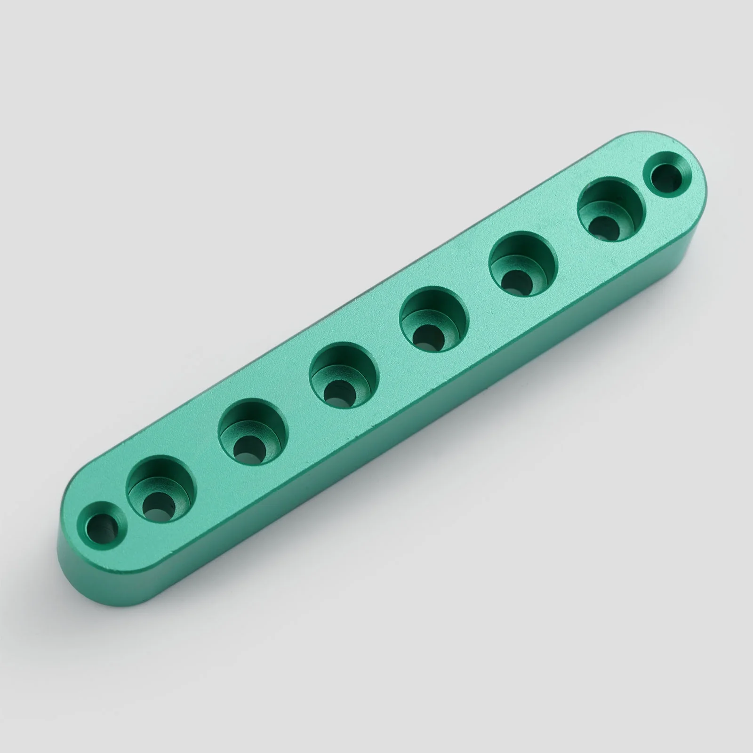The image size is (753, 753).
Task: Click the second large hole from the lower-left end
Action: [x=253, y=430]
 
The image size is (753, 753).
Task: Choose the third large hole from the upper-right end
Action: [x=434, y=320]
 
